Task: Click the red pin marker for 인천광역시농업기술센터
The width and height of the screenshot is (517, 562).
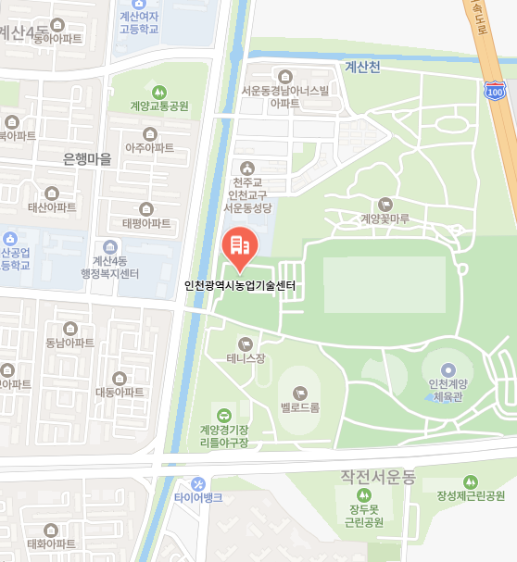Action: click(239, 246)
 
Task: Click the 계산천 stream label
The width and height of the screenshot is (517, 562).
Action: click(363, 67)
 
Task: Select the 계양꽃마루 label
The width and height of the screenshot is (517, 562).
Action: click(385, 219)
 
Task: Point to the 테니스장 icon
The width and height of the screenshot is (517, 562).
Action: click(246, 343)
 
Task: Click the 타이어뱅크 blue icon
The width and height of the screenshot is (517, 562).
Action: click(198, 484)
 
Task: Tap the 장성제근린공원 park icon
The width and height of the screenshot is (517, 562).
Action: click(470, 481)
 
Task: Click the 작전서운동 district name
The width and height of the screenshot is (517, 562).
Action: click(378, 477)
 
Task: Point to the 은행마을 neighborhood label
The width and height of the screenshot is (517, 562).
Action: click(86, 159)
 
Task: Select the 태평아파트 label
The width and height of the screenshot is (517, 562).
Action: click(146, 223)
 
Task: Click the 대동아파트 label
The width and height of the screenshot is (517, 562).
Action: click(120, 393)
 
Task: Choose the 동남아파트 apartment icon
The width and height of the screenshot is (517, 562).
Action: click(70, 328)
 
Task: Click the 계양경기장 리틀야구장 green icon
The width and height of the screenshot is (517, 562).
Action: click(224, 414)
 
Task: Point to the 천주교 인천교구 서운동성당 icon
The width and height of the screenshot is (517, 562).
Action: click(246, 169)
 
